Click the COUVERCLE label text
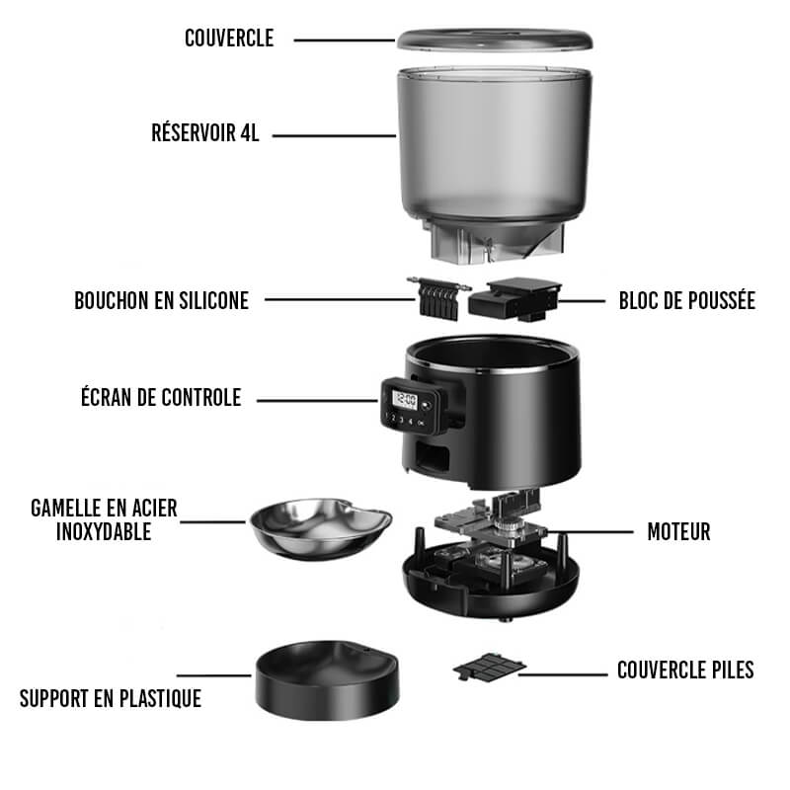click(x=229, y=39)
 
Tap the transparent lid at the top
click(x=495, y=39)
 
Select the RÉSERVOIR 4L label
click(x=205, y=133)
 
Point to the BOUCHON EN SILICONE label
click(x=162, y=301)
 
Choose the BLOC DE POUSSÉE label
click(x=687, y=301)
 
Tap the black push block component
click(x=514, y=299)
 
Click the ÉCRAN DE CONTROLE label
click(x=161, y=397)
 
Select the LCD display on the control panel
click(x=404, y=401)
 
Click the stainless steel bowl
click(x=321, y=528)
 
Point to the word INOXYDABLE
click(x=104, y=532)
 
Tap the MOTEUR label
click(x=678, y=532)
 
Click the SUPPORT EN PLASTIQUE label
click(x=111, y=699)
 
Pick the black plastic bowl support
click(x=328, y=680)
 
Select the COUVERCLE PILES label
click(x=685, y=671)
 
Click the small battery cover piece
click(x=489, y=667)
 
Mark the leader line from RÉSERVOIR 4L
click(x=334, y=135)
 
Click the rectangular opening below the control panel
click(x=432, y=456)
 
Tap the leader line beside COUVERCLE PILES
click(x=563, y=674)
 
